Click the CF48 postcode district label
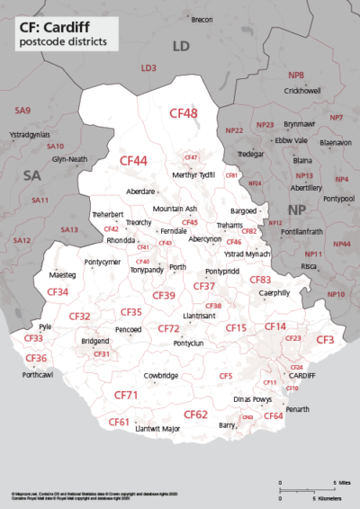tap(184, 113)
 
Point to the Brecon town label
tap(202, 19)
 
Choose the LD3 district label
tap(148, 67)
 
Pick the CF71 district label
tap(125, 395)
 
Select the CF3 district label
tap(325, 339)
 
